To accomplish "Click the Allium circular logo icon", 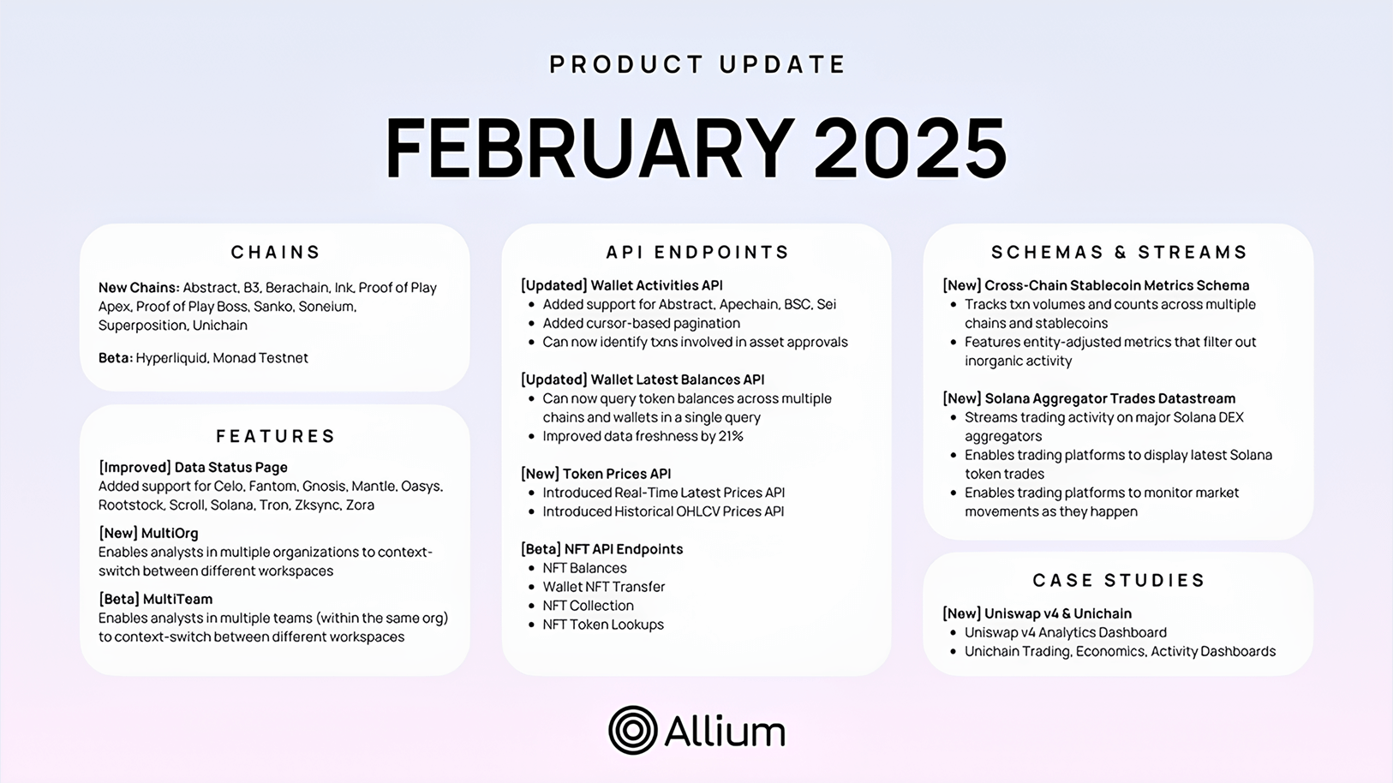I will (x=632, y=730).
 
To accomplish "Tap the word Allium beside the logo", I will (x=724, y=731).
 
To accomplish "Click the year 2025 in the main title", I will (x=910, y=148).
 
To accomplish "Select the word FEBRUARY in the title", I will (x=589, y=148).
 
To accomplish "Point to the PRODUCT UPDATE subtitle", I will (x=697, y=64).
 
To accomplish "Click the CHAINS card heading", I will (x=276, y=252).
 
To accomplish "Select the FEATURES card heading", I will (x=276, y=436).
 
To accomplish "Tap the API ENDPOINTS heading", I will (x=697, y=252).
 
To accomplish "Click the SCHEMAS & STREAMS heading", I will (x=1119, y=252).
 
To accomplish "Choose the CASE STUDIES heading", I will (x=1119, y=580).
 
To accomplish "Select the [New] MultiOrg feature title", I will (x=148, y=533).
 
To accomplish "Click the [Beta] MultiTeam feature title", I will (x=155, y=599).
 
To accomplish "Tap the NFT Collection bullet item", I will (x=588, y=606).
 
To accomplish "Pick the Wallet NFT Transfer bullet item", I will (x=603, y=587).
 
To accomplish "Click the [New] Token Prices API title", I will (x=595, y=474).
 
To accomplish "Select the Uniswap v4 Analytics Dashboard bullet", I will (x=1065, y=632).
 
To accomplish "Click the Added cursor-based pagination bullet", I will (x=641, y=323).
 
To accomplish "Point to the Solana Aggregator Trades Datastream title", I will (x=1109, y=398).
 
